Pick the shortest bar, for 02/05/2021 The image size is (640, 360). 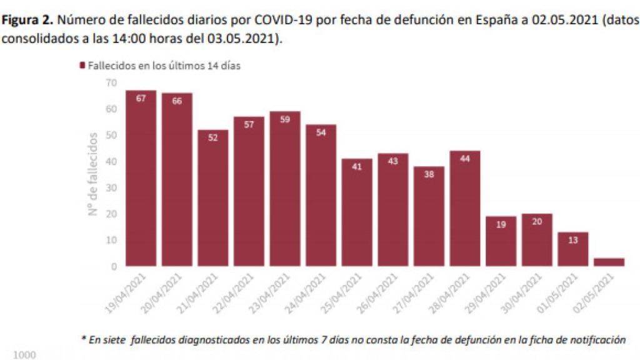[609, 262]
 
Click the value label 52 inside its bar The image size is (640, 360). [213, 137]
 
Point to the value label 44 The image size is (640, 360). [464, 158]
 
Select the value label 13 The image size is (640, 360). [572, 240]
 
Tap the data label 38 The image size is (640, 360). [429, 174]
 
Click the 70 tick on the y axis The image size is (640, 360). [111, 82]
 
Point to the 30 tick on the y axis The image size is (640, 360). [111, 187]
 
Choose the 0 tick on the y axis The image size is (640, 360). [114, 266]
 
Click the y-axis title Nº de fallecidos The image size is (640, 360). [93, 174]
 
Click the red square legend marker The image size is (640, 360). [82, 65]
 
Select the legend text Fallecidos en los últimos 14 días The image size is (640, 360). [164, 65]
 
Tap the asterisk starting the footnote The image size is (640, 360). [84, 339]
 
